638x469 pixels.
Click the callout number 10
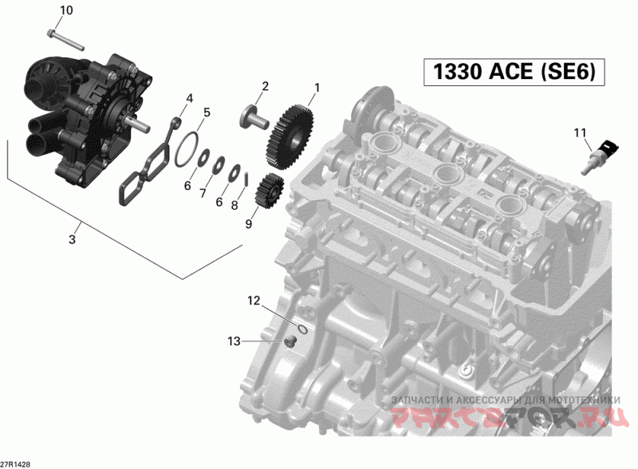pos(66,10)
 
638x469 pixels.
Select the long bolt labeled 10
pos(65,40)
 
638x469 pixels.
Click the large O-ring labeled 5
pos(187,149)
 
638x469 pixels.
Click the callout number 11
pos(581,132)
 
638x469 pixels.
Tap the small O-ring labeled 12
pos(301,329)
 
